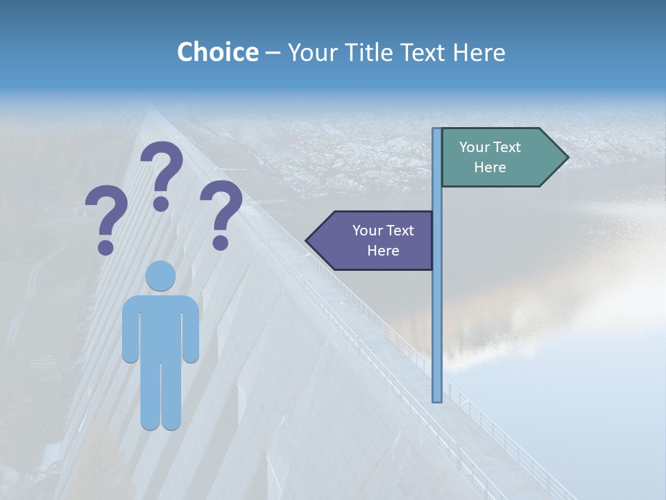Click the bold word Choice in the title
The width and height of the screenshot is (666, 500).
(217, 53)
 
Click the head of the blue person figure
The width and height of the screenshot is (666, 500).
(160, 276)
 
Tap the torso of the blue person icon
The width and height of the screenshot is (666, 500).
(160, 326)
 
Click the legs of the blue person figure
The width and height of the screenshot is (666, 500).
(160, 396)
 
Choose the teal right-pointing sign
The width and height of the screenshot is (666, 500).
(496, 158)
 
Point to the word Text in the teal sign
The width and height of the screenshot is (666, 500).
(508, 147)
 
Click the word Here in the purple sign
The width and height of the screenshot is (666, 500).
(383, 251)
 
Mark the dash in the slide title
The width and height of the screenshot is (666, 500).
(273, 53)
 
